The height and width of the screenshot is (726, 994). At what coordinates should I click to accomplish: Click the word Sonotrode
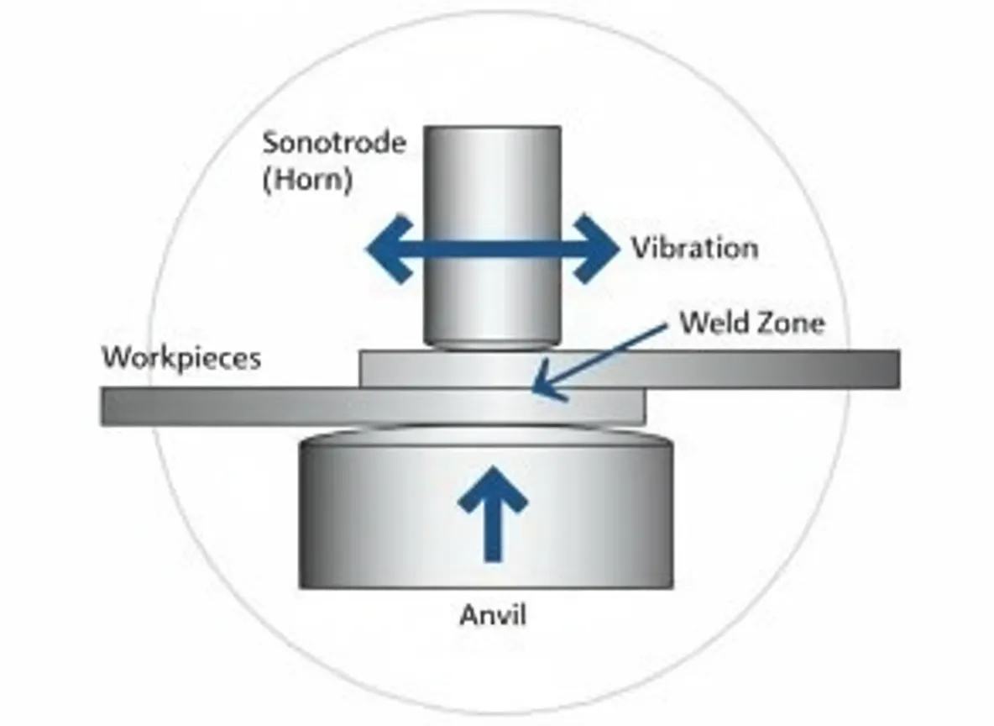coord(334,142)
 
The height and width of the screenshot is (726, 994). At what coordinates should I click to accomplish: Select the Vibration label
coord(694,248)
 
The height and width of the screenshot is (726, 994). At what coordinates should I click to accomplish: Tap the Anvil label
coord(493,615)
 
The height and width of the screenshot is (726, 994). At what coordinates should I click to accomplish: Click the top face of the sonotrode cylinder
coord(492,129)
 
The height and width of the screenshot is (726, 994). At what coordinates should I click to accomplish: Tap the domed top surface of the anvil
coord(487,435)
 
